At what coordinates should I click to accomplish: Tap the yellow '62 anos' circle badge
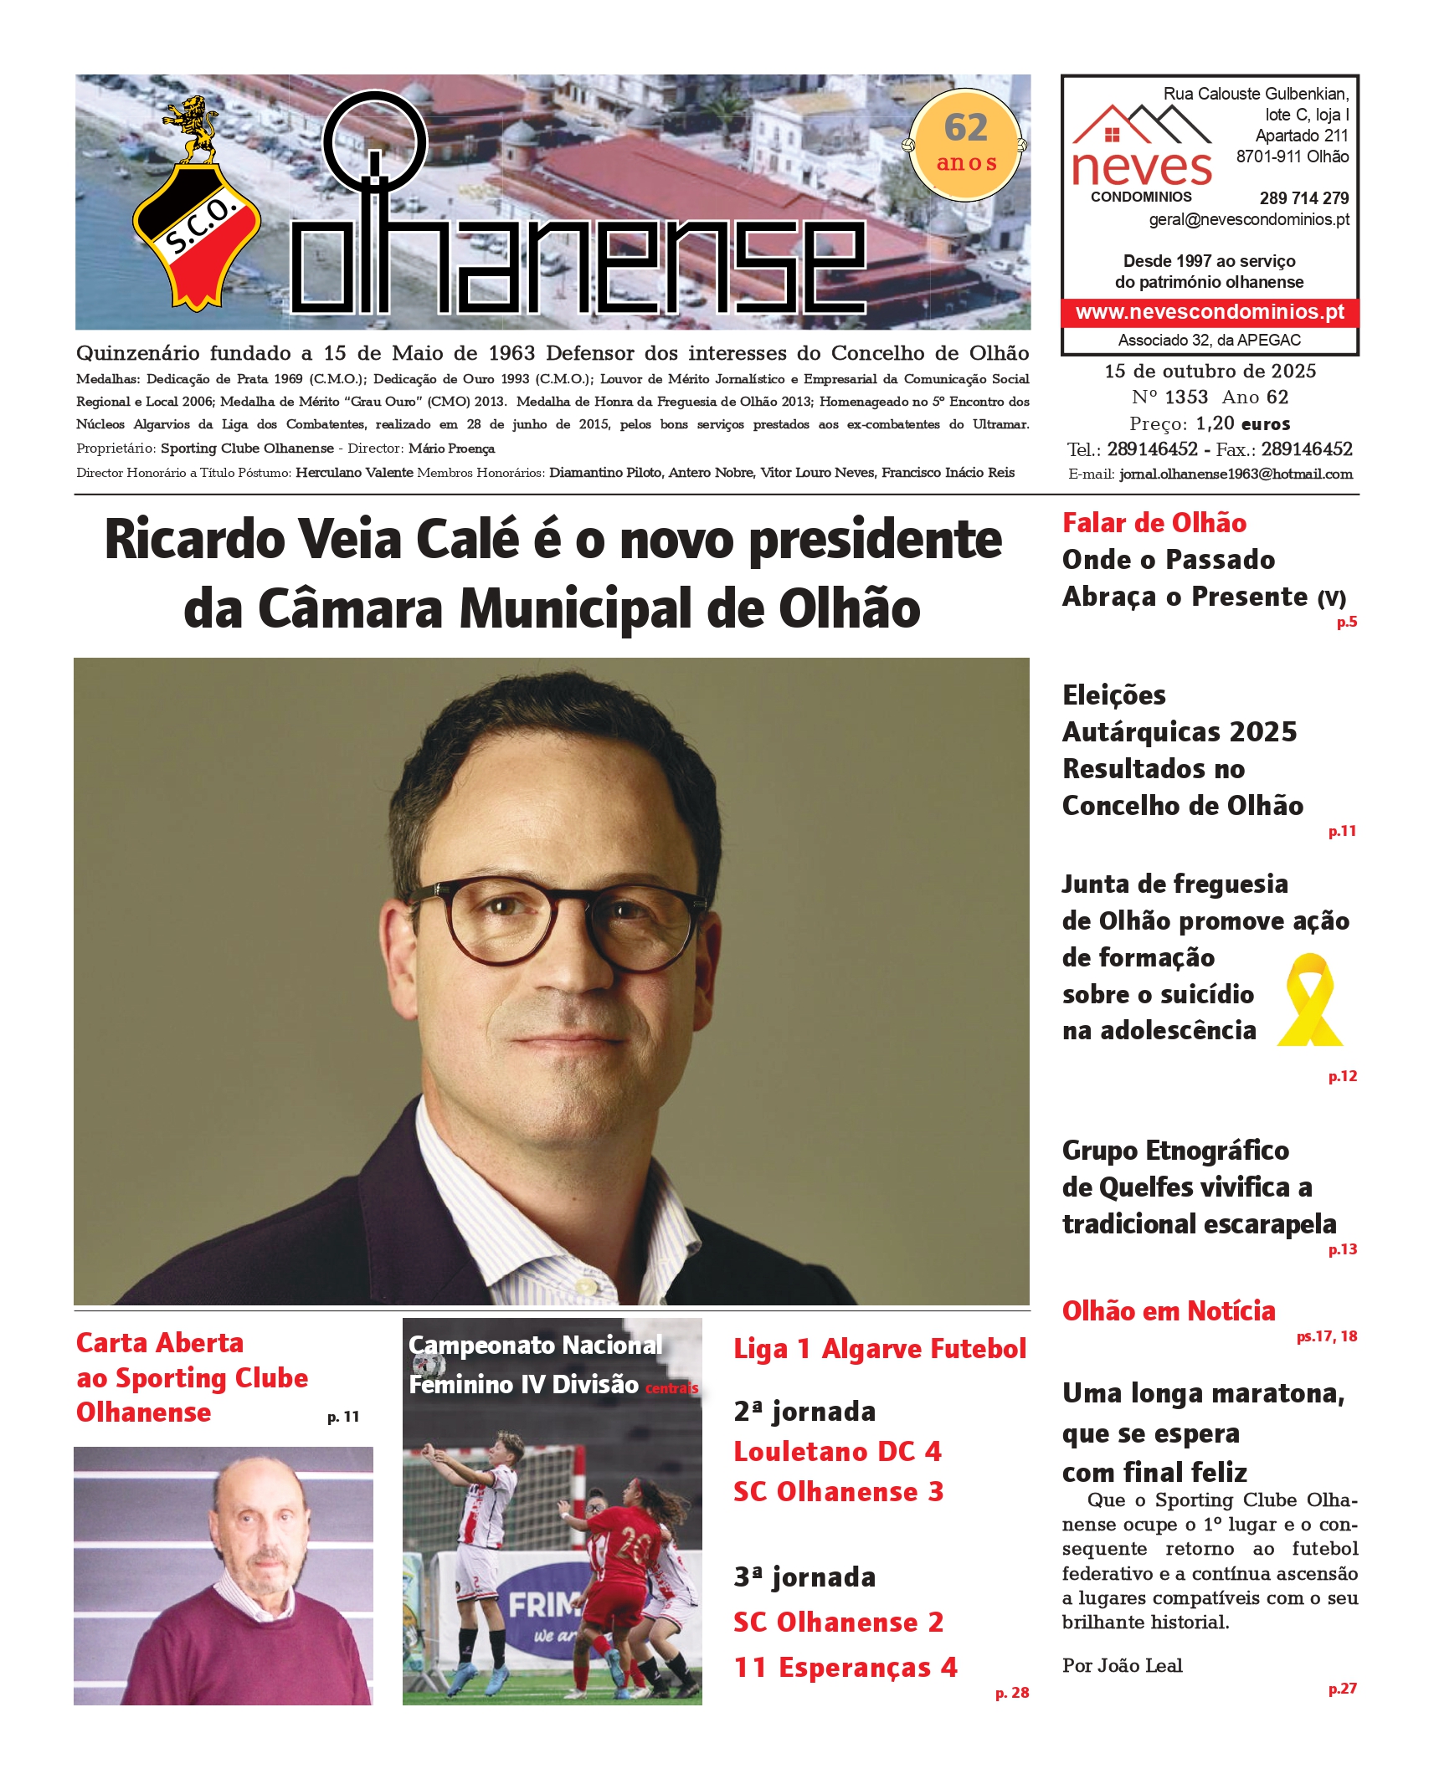click(x=966, y=145)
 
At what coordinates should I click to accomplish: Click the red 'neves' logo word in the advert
click(x=1141, y=167)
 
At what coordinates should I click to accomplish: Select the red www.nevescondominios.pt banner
click(x=1210, y=312)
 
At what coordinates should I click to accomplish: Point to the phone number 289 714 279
click(x=1303, y=198)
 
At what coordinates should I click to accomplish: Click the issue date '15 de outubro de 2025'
click(x=1210, y=371)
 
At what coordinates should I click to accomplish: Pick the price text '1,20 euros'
click(x=1242, y=423)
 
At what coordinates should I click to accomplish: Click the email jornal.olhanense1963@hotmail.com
click(x=1236, y=474)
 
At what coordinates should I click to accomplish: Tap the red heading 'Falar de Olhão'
click(x=1154, y=523)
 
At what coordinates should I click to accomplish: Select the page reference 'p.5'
click(x=1346, y=622)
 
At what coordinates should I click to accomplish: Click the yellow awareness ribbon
click(x=1309, y=1000)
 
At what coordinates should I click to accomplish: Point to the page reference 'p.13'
click(x=1342, y=1249)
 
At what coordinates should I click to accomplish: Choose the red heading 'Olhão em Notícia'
click(x=1169, y=1311)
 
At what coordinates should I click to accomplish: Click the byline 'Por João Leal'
click(x=1122, y=1665)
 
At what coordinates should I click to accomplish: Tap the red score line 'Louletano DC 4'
click(x=837, y=1451)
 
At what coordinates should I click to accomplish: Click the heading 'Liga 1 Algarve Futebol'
click(x=880, y=1349)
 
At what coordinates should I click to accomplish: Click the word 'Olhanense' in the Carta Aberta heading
click(x=143, y=1412)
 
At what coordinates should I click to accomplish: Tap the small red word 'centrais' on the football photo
click(x=671, y=1388)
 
